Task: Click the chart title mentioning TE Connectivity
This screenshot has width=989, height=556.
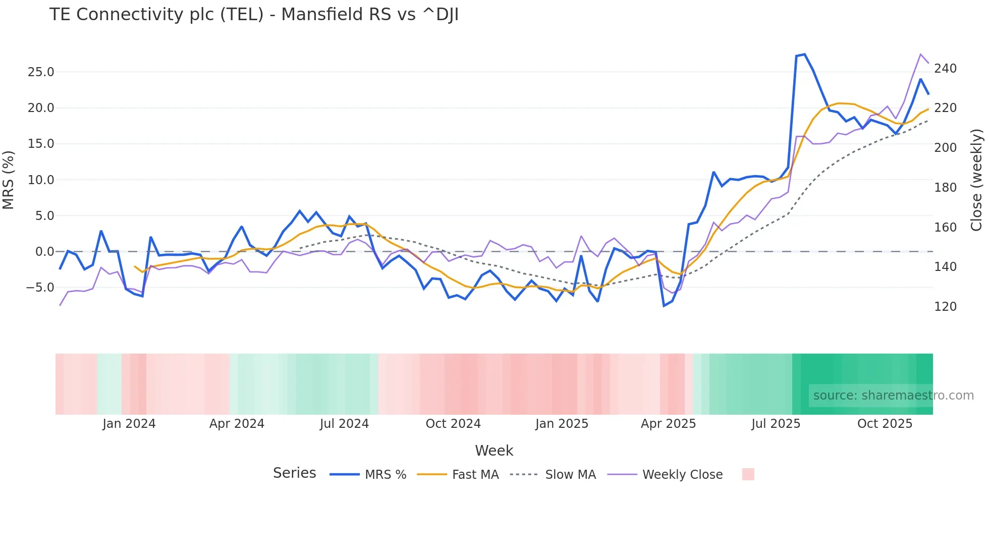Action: [x=254, y=15]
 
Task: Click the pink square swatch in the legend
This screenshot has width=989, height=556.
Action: [x=748, y=474]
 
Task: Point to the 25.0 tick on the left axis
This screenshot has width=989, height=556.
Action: [x=41, y=72]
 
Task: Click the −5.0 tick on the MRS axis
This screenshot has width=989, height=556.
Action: [x=39, y=288]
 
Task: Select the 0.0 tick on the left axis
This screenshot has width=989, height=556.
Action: [x=44, y=252]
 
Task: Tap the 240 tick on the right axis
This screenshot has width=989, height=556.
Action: [x=945, y=69]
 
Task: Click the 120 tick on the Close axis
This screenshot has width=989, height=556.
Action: [x=945, y=307]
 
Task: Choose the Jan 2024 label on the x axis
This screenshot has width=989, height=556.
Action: [x=129, y=424]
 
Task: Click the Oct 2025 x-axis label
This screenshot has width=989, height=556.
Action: [x=885, y=424]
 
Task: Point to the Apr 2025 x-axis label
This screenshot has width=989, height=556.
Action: [x=668, y=424]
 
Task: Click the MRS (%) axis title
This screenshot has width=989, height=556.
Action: [x=9, y=180]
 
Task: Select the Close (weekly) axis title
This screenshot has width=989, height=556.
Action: [x=977, y=180]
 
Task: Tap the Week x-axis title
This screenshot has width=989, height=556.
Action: [x=494, y=451]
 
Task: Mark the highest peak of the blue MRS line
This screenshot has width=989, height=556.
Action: [x=804, y=54]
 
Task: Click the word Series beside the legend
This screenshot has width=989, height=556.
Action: [x=294, y=473]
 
